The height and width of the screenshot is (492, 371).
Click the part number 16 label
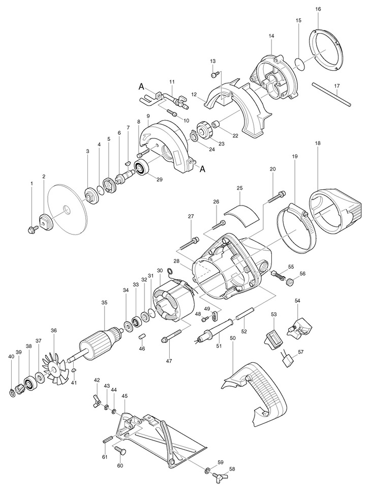318,9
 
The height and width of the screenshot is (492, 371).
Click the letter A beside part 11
141,87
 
